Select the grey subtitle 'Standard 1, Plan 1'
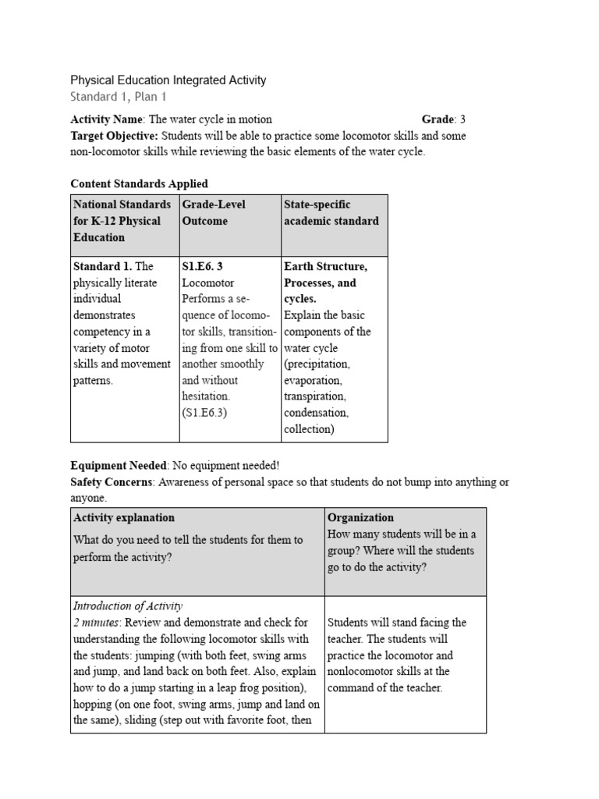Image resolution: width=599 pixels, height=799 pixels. coord(118,97)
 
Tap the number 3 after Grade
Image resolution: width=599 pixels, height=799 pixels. coord(463,119)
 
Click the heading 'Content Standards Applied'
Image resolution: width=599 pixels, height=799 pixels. coord(139,184)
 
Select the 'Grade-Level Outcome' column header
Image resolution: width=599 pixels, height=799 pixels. coord(214,212)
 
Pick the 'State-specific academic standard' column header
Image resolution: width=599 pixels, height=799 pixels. coord(331,212)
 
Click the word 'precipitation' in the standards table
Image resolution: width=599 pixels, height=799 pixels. coord(317,364)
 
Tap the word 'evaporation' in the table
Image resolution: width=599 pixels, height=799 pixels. coord(312,381)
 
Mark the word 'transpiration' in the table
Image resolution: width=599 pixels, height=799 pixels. coord(315,397)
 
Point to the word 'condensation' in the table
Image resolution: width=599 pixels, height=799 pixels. coord(316,413)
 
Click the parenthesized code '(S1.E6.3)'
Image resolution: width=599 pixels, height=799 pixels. coord(204,413)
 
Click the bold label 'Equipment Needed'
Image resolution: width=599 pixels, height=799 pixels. coord(119,466)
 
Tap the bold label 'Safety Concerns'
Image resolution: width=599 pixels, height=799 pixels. coord(113,482)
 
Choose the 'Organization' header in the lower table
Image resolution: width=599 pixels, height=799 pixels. coord(360,517)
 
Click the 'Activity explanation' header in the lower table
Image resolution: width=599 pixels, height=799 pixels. coord(123,517)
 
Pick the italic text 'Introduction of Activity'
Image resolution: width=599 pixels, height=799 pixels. coord(127,605)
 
